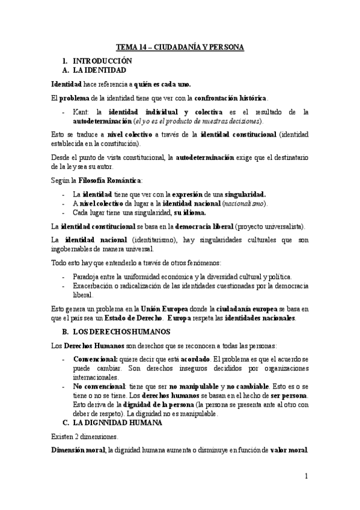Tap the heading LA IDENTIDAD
point(100,70)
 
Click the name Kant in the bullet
point(81,112)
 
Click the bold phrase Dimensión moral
point(78,450)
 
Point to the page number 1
point(306,476)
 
